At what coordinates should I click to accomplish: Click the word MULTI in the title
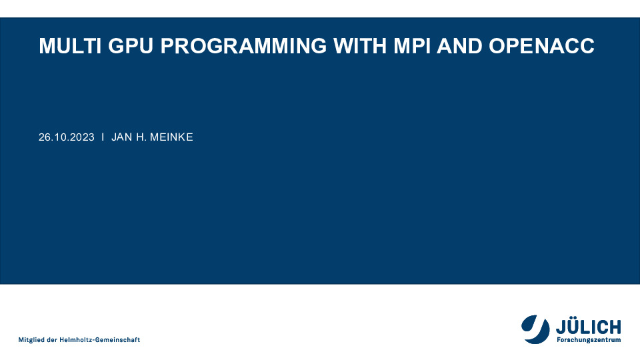point(70,46)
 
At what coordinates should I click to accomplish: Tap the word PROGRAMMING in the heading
point(244,46)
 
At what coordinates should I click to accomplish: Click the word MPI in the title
point(412,46)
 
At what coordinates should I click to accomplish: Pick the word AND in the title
point(459,46)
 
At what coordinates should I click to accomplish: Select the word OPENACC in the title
point(541,46)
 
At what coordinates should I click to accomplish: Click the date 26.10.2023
point(67,137)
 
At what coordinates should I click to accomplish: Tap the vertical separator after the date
point(103,137)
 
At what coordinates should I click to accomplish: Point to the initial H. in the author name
point(141,137)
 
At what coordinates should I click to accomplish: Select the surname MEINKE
point(171,137)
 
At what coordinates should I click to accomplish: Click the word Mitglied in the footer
point(31,340)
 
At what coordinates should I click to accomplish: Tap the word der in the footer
point(52,340)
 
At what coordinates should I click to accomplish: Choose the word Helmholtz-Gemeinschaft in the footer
point(100,340)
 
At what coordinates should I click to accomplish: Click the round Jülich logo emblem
point(535,329)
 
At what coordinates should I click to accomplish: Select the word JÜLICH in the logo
point(589,327)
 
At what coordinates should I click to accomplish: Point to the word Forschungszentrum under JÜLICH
point(589,339)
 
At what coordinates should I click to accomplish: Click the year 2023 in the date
point(83,137)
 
